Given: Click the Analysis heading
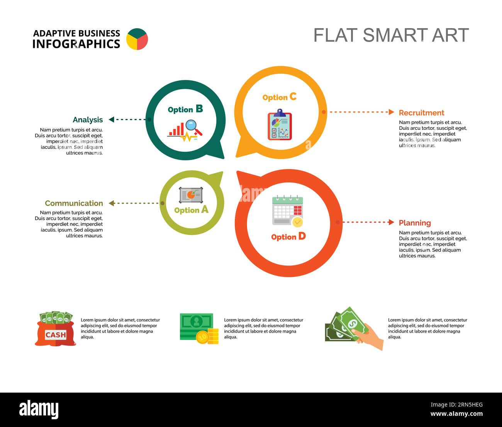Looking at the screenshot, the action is tap(88, 120).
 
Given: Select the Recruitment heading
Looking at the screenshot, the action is tap(421, 113).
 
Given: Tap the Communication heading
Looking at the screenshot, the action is tap(74, 203).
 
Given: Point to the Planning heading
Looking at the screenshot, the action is tap(415, 223).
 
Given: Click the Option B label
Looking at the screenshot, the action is tap(185, 109).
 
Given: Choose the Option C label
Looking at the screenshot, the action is tap(280, 97).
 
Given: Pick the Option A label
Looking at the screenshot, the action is tap(192, 210).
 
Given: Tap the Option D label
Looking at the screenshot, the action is tap(288, 236).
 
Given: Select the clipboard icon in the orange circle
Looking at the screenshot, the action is tap(280, 124).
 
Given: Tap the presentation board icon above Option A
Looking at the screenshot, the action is tap(191, 195).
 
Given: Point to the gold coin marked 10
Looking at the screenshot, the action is tap(202, 337).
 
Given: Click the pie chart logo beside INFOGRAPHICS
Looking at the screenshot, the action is tap(137, 39).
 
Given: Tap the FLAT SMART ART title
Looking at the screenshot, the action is tap(391, 35).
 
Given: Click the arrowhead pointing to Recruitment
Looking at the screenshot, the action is tap(391, 112).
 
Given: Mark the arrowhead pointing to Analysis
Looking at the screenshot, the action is tap(111, 119).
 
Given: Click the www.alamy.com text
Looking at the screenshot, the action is tap(456, 413).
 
